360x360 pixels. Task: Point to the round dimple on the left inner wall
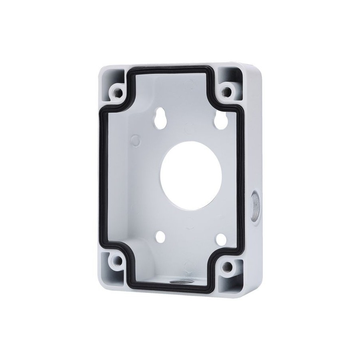135,140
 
